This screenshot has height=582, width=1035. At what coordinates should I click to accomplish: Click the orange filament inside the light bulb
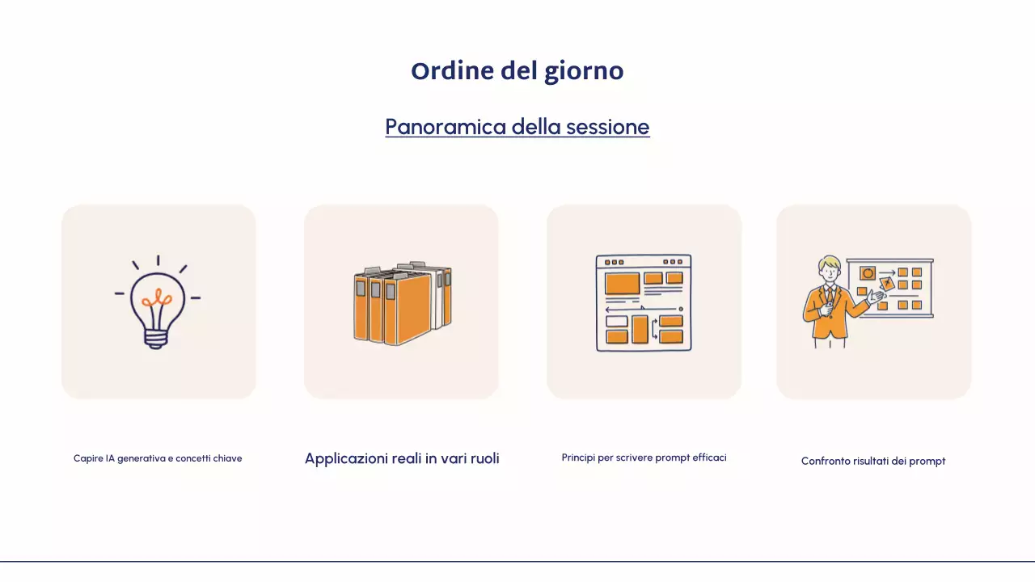(x=157, y=300)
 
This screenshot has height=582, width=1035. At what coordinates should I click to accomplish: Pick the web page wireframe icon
(x=644, y=302)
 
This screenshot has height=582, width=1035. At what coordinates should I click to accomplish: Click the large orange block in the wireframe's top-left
(x=622, y=283)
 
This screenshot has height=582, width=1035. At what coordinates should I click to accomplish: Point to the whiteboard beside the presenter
(x=898, y=288)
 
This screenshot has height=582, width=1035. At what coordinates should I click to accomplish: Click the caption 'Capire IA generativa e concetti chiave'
(x=158, y=458)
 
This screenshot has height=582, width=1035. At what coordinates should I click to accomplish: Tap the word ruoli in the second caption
(x=484, y=458)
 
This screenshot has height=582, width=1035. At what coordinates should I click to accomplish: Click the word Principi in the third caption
(x=578, y=458)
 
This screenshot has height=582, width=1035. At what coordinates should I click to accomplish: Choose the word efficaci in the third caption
(x=710, y=458)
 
